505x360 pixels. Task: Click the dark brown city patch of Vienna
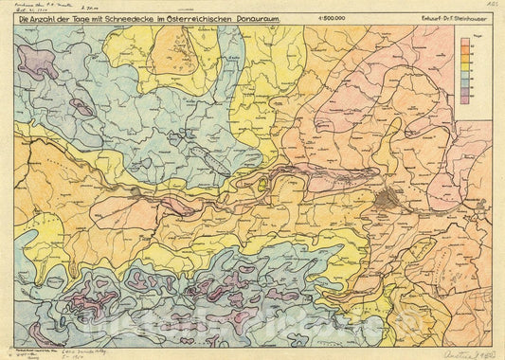(x=388, y=199)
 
